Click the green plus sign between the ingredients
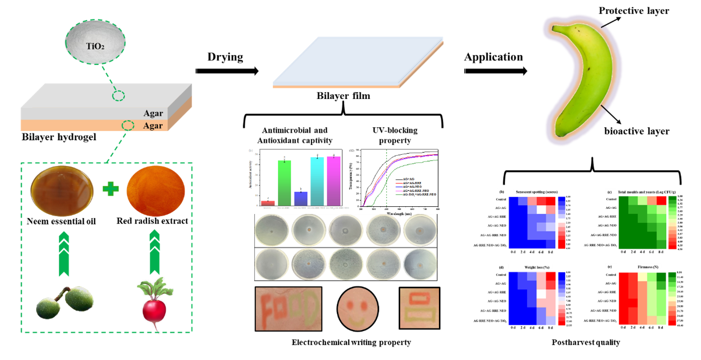[110, 188]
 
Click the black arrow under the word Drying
[227, 71]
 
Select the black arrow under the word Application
[496, 71]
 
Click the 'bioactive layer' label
[636, 131]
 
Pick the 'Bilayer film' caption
[343, 96]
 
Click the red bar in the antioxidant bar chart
[268, 203]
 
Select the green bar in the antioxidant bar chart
[285, 183]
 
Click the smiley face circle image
[358, 309]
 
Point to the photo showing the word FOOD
[288, 308]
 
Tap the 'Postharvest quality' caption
[586, 342]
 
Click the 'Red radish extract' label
[152, 221]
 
